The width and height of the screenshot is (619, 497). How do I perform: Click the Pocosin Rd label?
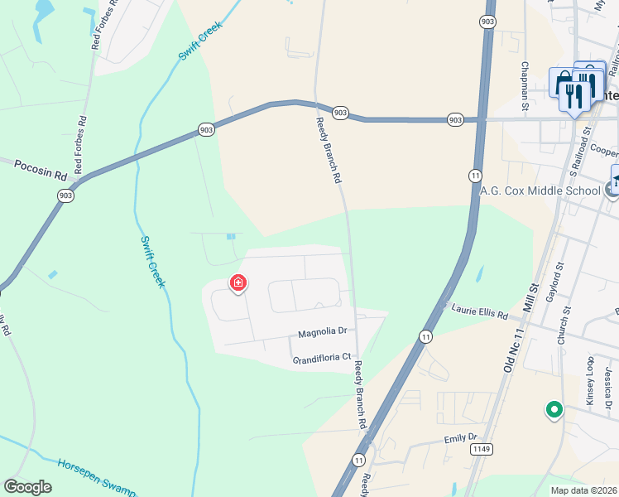point(40,171)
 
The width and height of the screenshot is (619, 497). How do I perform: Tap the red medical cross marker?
point(238,284)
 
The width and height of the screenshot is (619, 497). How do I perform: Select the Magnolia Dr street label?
point(322,332)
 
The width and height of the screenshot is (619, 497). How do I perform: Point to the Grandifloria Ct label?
point(322,359)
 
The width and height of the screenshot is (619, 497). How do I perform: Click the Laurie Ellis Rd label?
point(479,311)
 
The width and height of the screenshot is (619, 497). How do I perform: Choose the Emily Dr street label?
point(461,437)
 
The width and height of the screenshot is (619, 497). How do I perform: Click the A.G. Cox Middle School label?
point(540,191)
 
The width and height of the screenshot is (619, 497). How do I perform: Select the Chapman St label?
point(525,85)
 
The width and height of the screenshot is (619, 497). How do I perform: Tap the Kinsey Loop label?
point(590,378)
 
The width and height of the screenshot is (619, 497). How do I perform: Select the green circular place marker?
point(553,409)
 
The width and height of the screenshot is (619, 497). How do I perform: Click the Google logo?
point(27,487)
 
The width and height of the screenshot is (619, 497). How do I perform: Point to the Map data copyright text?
point(583,490)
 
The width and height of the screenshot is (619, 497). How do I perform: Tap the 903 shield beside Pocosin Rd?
point(65,195)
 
